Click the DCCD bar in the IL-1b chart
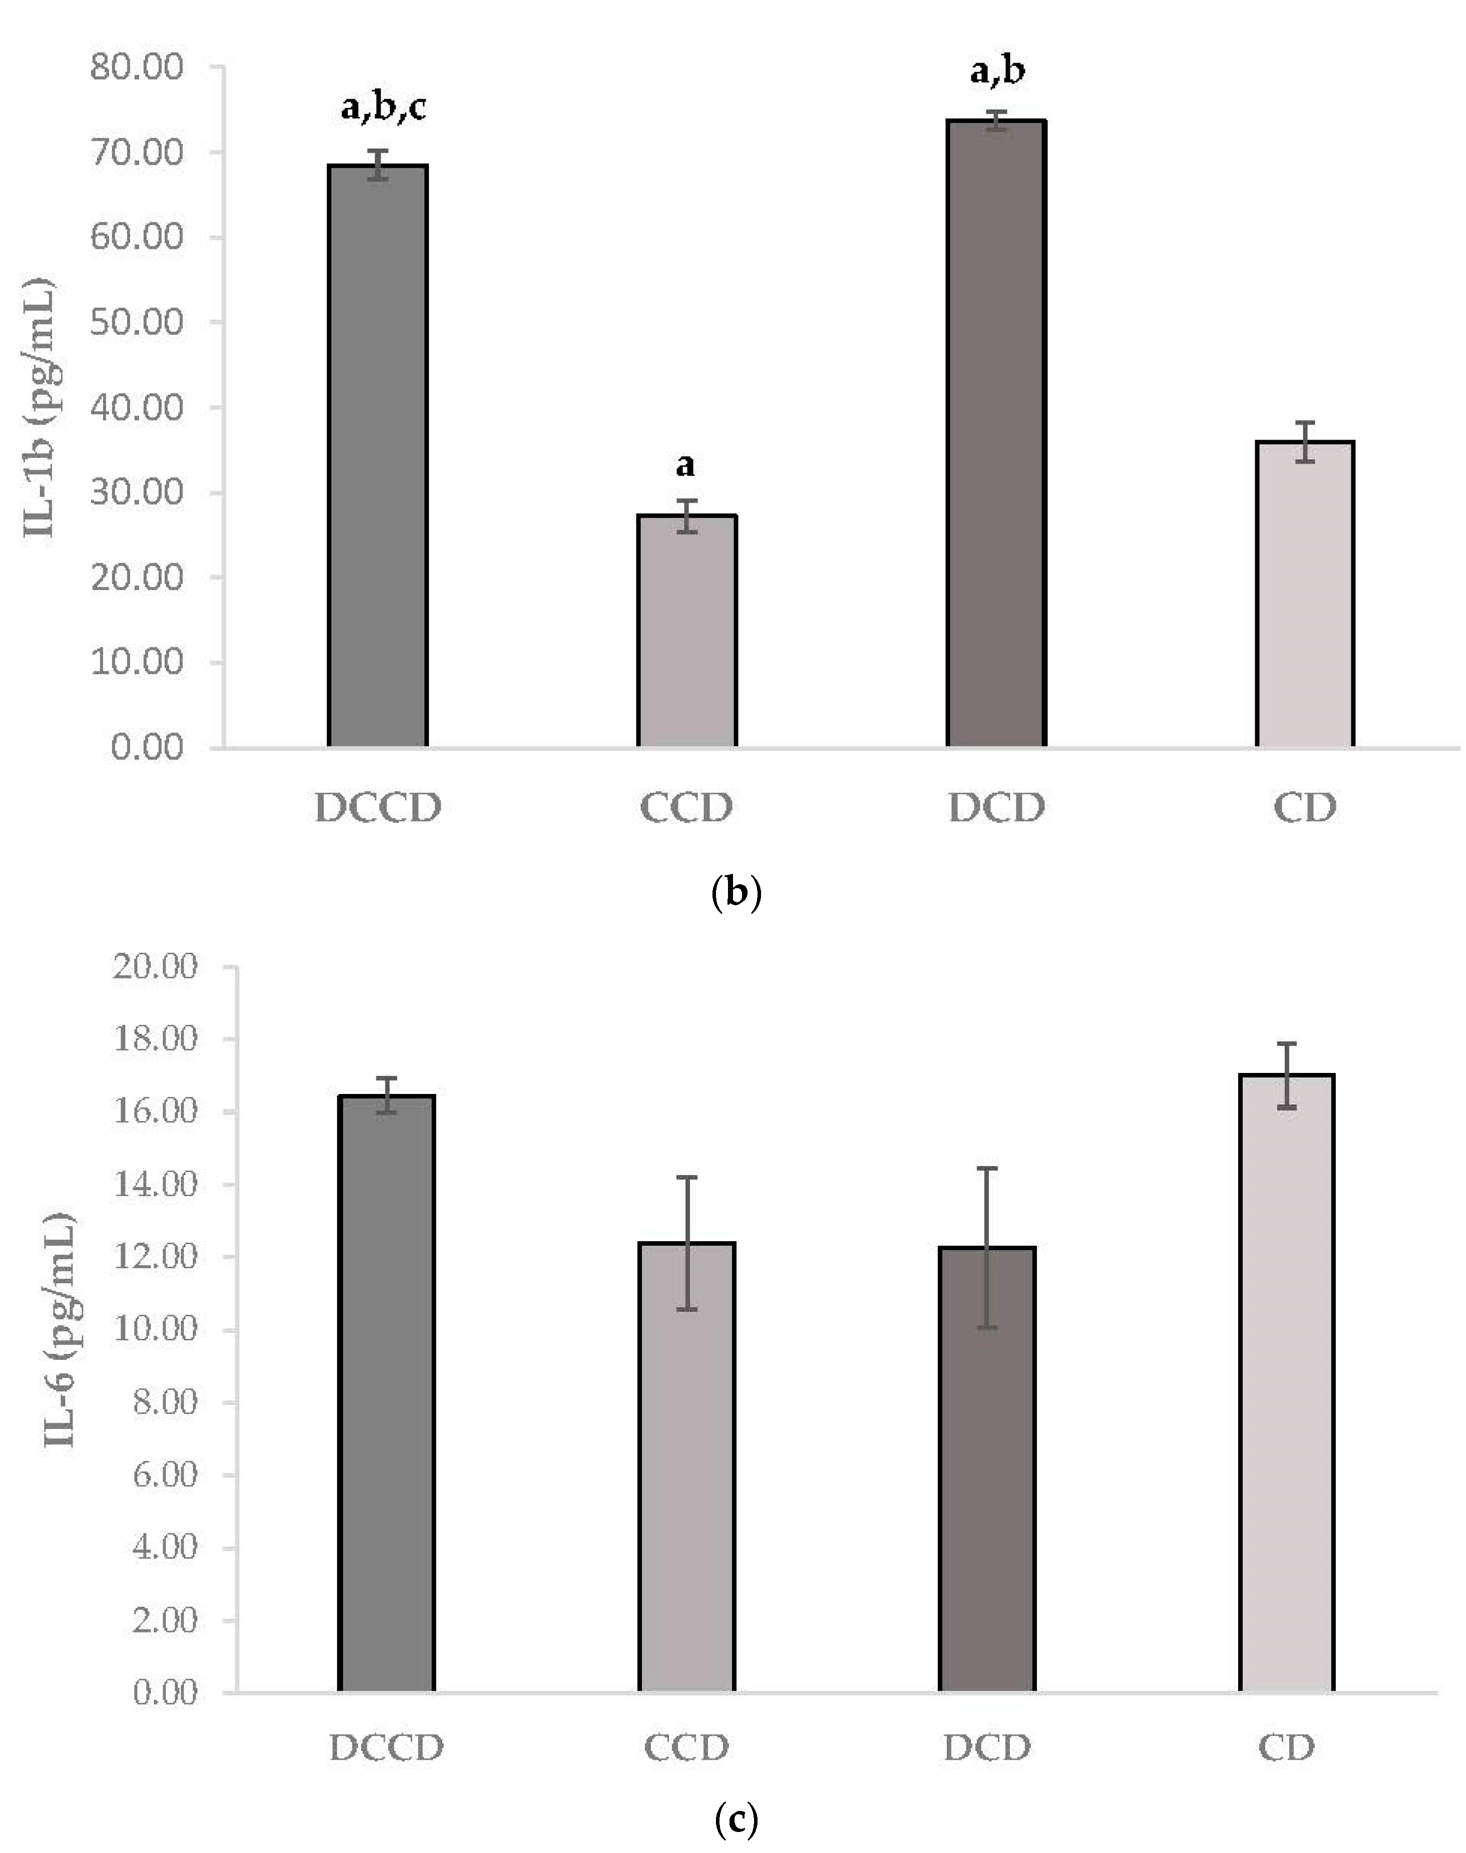(378, 455)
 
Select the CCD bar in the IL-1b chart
(686, 631)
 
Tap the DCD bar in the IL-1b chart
(996, 434)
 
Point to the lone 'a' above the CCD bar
(685, 465)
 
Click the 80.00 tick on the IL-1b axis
(137, 67)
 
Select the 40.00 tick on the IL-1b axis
(137, 407)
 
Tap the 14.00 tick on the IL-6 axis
(155, 1185)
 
